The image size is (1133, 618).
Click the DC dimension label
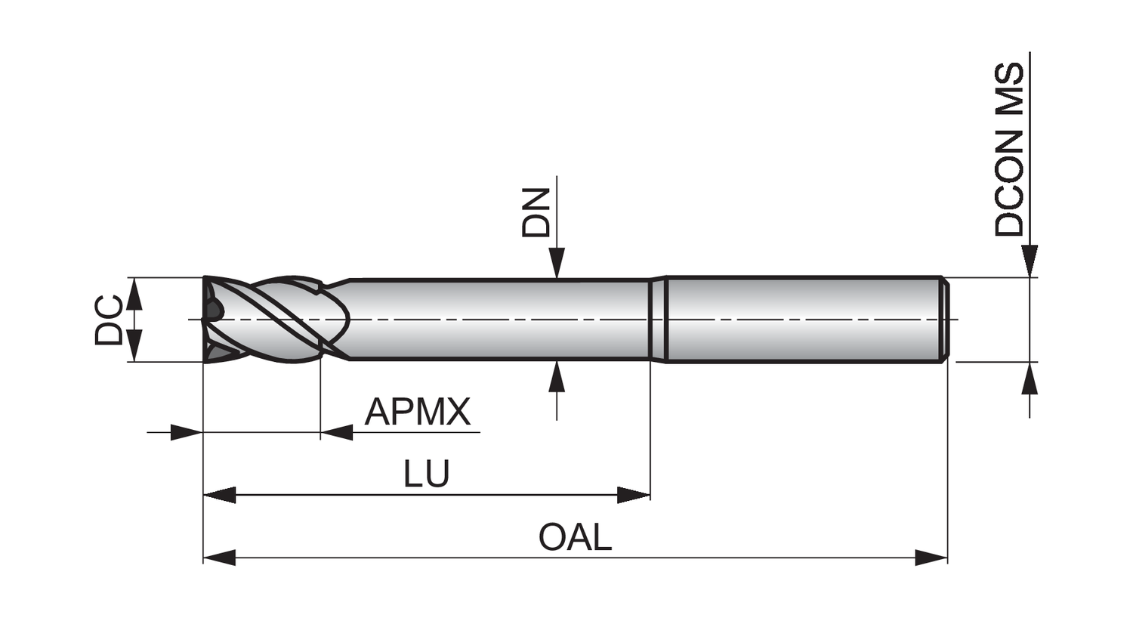(x=109, y=320)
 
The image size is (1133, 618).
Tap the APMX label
(x=417, y=412)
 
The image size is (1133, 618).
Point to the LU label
(x=426, y=474)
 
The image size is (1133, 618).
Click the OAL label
(x=575, y=537)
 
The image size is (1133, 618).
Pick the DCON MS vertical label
(x=1010, y=150)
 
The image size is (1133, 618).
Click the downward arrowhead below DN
(x=557, y=264)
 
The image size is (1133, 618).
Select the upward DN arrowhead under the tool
(x=557, y=376)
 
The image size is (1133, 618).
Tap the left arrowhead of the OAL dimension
(x=220, y=558)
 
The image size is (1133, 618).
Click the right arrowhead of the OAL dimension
(x=931, y=558)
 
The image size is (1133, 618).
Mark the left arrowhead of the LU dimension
(x=220, y=496)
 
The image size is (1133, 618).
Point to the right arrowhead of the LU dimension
(x=634, y=496)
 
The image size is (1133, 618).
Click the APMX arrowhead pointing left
(x=337, y=433)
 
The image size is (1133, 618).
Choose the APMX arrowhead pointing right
(x=187, y=433)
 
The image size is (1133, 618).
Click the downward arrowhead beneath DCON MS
(x=1029, y=261)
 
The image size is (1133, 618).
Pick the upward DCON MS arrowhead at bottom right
(x=1029, y=379)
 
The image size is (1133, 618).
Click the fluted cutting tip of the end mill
(x=227, y=320)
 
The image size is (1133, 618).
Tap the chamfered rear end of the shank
(x=944, y=320)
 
